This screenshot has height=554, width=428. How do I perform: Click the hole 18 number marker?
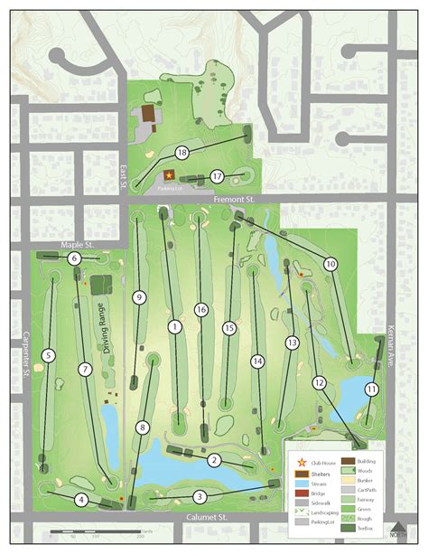click(x=182, y=152)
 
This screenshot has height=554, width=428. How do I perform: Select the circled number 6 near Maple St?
click(x=75, y=258)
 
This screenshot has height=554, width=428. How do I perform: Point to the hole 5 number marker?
click(x=48, y=356)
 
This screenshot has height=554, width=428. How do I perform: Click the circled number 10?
click(x=330, y=264)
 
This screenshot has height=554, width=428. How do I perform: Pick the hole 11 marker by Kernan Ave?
click(x=371, y=389)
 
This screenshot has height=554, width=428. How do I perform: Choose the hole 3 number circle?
click(x=199, y=496)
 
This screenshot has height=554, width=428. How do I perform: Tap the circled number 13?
click(x=292, y=343)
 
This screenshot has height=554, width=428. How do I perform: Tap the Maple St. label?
click(x=78, y=245)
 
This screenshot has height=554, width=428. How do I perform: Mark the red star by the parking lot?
click(x=168, y=175)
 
